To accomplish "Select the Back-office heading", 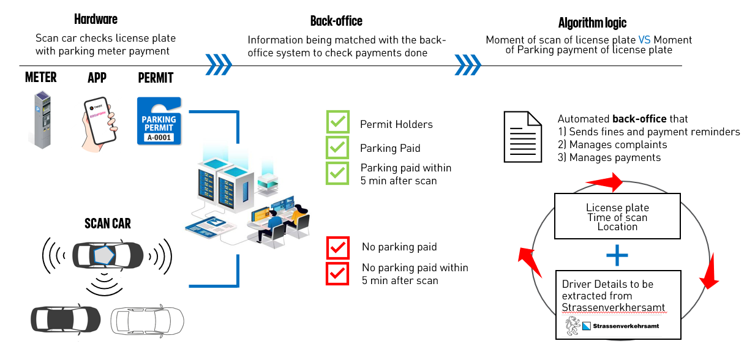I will (x=336, y=21).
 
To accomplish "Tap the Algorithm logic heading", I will (x=592, y=23).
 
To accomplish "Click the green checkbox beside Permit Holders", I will (x=337, y=122).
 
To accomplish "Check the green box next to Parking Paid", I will (x=337, y=148).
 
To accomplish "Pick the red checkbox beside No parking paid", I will (x=337, y=248).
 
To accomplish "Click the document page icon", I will (x=522, y=137).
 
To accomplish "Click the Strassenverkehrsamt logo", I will (x=614, y=326).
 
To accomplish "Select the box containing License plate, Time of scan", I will (x=617, y=217).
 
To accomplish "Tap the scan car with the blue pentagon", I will (x=108, y=254).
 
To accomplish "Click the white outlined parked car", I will (x=147, y=319).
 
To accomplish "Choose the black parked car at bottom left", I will (x=66, y=318).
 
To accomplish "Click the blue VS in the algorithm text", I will (x=644, y=40).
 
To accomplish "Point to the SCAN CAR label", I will (x=108, y=223).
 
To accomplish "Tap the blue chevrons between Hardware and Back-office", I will (x=219, y=62).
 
